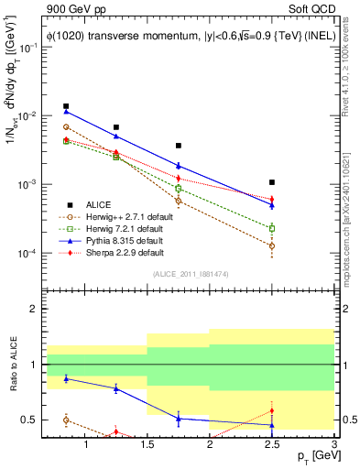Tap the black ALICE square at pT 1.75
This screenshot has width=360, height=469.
179,146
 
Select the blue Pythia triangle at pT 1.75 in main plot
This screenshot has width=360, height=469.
179,166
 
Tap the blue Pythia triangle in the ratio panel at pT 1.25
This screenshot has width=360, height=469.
115,388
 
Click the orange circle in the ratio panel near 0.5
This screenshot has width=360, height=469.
66,420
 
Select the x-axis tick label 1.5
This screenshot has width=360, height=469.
147,445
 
